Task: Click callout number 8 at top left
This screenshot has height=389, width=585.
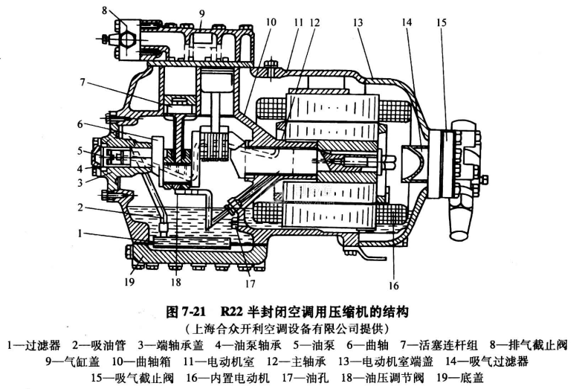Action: (x=106, y=10)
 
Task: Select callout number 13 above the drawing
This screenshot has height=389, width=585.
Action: (x=359, y=23)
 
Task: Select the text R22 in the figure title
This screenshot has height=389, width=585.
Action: (x=232, y=309)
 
